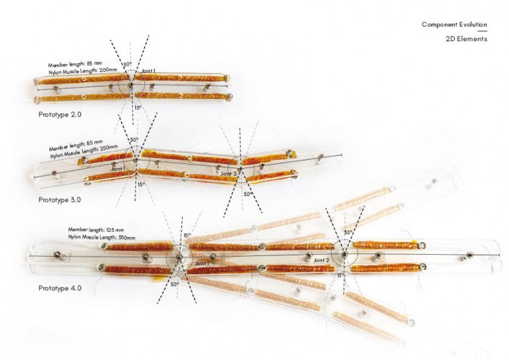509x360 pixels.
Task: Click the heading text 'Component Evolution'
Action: pyautogui.click(x=454, y=24)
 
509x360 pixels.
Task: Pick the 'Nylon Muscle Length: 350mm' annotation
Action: pyautogui.click(x=102, y=238)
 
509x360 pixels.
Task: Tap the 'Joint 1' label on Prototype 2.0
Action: pyautogui.click(x=149, y=71)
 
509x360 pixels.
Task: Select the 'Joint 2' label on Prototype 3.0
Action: pyautogui.click(x=229, y=173)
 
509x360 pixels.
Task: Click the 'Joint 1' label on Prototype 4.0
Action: pyautogui.click(x=201, y=264)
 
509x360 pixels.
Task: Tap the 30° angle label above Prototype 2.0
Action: pyautogui.click(x=127, y=65)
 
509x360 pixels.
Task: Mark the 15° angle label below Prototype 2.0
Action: pyautogui.click(x=139, y=107)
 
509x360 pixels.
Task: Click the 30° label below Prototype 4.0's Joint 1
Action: pyautogui.click(x=174, y=284)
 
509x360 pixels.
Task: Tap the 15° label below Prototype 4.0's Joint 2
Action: pyautogui.click(x=340, y=276)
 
